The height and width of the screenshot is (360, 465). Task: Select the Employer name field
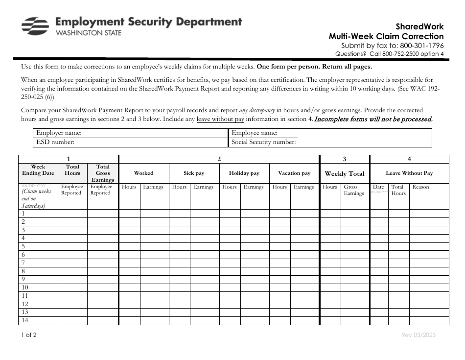click(x=152, y=133)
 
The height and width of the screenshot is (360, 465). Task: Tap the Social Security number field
click(x=362, y=142)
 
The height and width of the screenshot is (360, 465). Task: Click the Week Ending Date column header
click(x=38, y=170)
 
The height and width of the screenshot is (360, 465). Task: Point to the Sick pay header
click(x=194, y=173)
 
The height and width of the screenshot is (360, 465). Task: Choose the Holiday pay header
click(x=244, y=173)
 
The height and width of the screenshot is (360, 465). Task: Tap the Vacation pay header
click(x=294, y=173)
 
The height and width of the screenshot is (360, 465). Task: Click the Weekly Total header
click(x=345, y=173)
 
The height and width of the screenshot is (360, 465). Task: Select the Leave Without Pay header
click(x=409, y=173)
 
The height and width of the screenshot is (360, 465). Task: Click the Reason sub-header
click(x=420, y=187)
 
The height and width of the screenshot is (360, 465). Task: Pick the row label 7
click(x=23, y=263)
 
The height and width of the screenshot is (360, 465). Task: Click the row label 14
click(x=25, y=320)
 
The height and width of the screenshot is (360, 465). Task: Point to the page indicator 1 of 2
click(x=28, y=336)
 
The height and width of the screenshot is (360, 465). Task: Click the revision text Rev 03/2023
click(x=418, y=336)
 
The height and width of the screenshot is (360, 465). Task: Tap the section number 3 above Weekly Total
click(x=345, y=159)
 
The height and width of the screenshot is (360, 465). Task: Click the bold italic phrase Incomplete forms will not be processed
click(x=373, y=119)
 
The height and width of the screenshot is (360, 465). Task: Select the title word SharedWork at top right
click(x=419, y=27)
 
